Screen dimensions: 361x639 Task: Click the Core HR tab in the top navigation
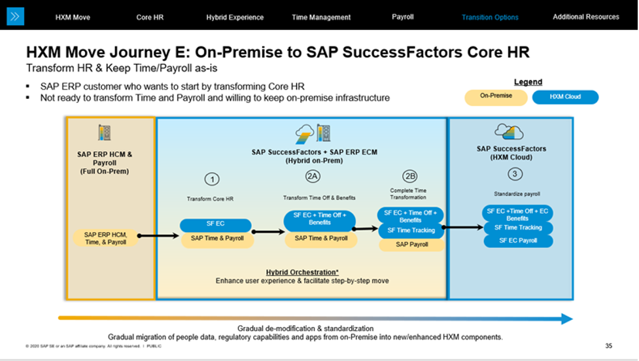[150, 17]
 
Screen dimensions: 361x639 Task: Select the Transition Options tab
[490, 17]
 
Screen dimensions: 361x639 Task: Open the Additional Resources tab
[585, 17]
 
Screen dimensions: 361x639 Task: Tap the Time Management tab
[321, 17]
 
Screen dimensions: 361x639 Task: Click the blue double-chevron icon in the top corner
[15, 16]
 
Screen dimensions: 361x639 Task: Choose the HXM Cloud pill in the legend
[565, 97]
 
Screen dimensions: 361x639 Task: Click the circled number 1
[211, 179]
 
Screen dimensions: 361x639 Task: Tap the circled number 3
[515, 174]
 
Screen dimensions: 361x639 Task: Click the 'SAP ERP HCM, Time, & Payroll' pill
[105, 238]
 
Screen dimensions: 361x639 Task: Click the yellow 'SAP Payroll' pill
[411, 245]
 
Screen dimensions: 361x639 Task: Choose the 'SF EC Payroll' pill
[519, 241]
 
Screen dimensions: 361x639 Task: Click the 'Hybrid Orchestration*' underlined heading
[302, 272]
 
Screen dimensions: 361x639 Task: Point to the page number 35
[608, 345]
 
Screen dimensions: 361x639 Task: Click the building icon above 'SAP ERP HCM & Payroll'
[104, 133]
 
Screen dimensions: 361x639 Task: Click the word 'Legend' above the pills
[528, 82]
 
